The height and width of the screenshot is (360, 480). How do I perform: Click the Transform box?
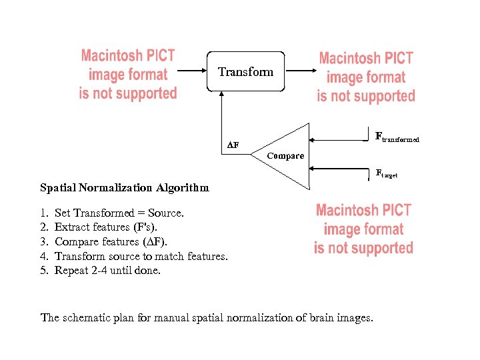[x=245, y=72]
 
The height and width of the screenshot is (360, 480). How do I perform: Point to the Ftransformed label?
[x=397, y=137]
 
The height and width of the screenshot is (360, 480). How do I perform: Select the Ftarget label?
[x=387, y=173]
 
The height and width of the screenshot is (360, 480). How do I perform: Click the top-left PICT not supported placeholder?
[x=128, y=74]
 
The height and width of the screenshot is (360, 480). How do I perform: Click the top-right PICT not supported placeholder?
[x=366, y=77]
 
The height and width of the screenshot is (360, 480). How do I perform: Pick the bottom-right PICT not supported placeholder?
[x=363, y=229]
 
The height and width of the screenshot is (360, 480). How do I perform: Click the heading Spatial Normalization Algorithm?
[x=124, y=188]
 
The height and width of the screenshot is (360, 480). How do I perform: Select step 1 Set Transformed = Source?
[x=119, y=213]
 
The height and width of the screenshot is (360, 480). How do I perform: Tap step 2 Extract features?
[x=114, y=227]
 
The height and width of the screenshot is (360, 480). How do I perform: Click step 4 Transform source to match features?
[x=141, y=256]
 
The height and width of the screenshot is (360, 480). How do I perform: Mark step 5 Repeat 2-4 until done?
[x=107, y=271]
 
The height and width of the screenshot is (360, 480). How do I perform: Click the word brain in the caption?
[x=323, y=317]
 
